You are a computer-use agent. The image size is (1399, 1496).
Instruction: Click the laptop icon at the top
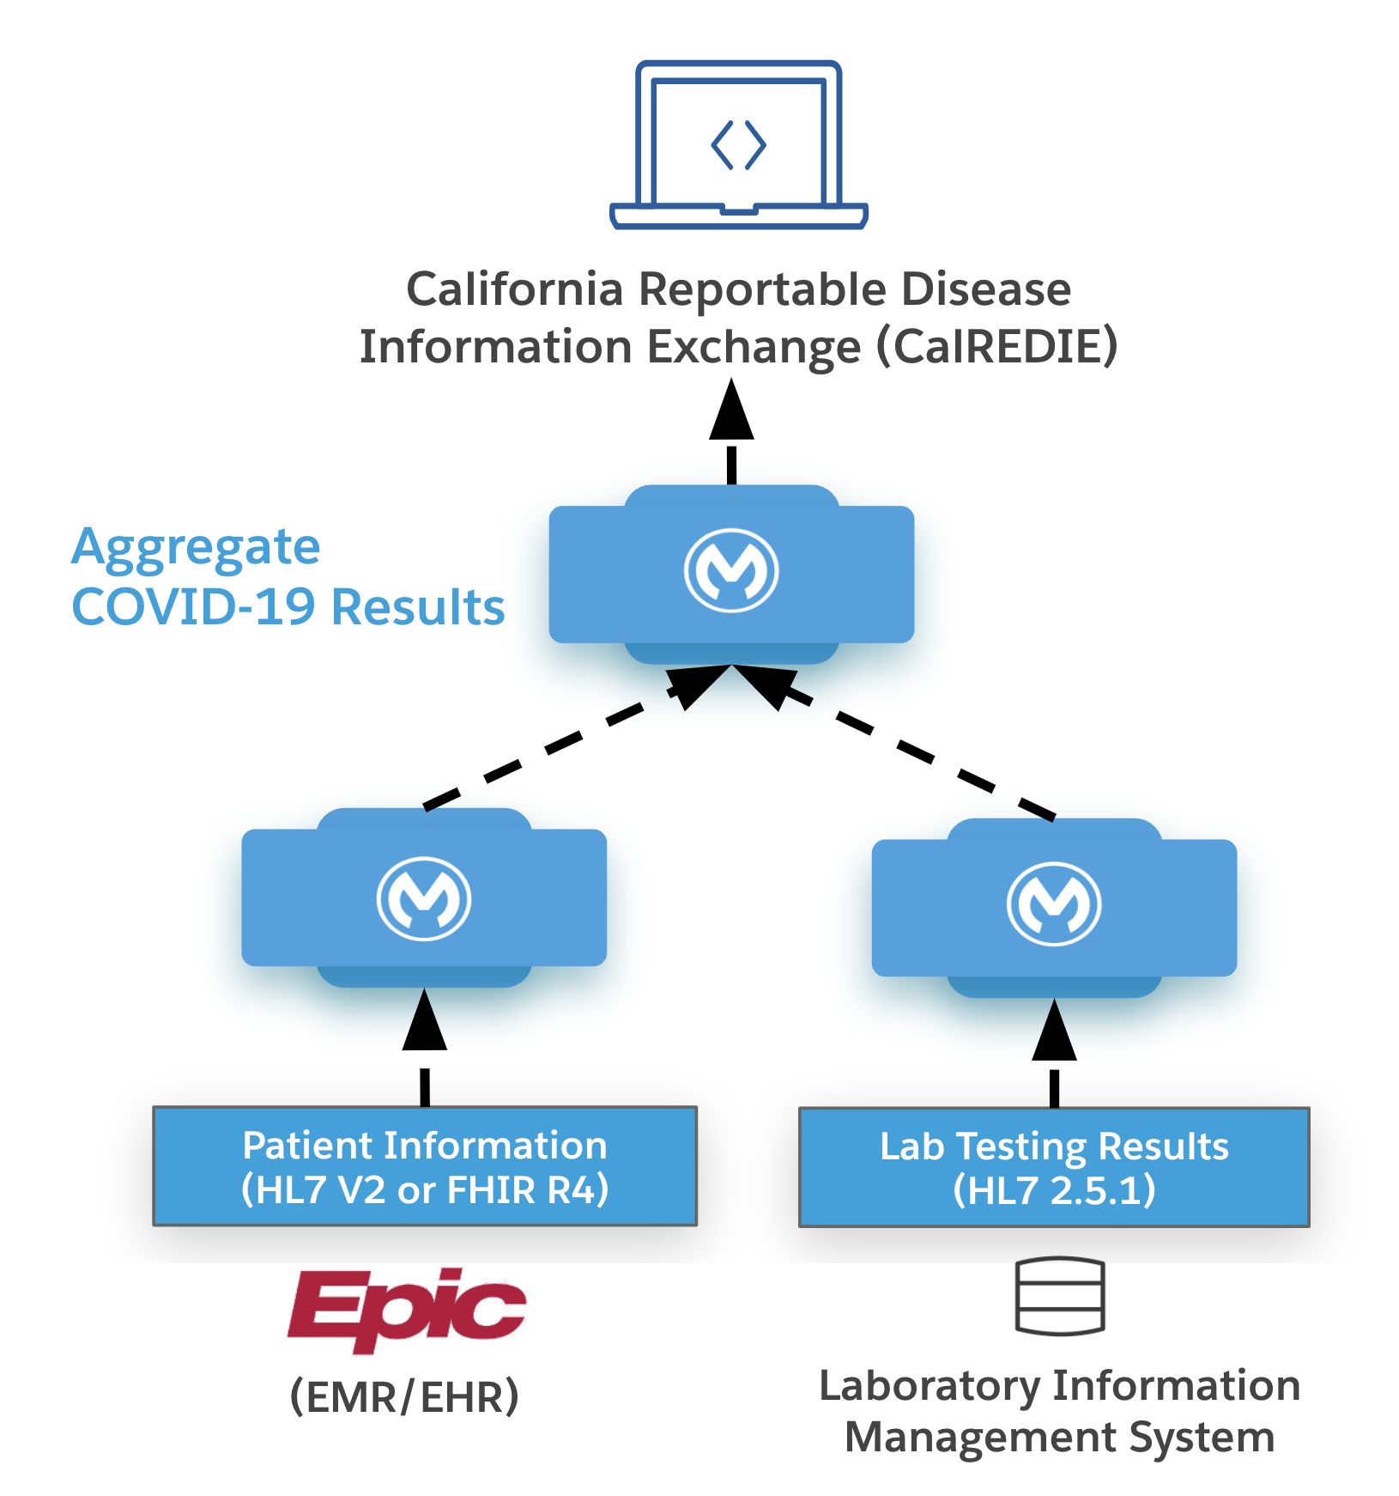(738, 144)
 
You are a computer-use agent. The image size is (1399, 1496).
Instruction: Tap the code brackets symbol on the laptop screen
(738, 144)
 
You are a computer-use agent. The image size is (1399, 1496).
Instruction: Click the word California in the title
(514, 289)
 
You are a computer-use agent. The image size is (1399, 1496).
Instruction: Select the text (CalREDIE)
(996, 347)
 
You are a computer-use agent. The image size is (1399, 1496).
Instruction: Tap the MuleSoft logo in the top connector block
(731, 570)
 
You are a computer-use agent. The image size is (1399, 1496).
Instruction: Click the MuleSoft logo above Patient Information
(424, 898)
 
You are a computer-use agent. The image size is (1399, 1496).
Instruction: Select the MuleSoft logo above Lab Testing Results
(1053, 905)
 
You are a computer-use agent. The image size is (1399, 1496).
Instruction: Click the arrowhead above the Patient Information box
(424, 1022)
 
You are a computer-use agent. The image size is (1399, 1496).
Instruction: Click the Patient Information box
(425, 1166)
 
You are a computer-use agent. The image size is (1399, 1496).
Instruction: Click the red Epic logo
(406, 1309)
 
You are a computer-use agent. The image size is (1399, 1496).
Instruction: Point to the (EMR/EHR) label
(404, 1396)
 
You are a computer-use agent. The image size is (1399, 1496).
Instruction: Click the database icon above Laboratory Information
(1059, 1297)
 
